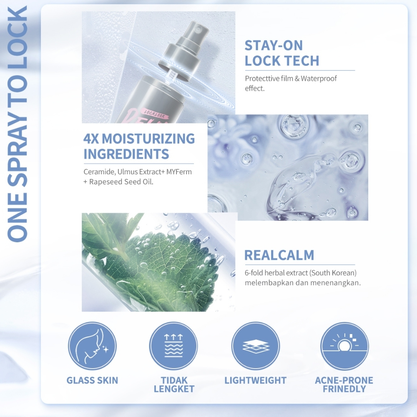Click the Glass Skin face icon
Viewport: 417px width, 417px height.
[92, 346]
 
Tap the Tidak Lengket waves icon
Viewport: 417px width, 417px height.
[173, 346]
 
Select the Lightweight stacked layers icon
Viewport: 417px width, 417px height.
[255, 346]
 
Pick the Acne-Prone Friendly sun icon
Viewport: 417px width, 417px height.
[344, 346]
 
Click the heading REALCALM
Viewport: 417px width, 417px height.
[279, 255]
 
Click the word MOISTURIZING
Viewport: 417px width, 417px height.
[148, 138]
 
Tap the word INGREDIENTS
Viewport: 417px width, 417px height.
[126, 154]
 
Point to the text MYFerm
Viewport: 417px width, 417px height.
[179, 172]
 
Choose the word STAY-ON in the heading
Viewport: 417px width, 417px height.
[274, 45]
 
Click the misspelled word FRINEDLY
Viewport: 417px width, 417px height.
[344, 389]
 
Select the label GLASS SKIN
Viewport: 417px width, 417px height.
[92, 380]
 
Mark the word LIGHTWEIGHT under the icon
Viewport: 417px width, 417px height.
[255, 380]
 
